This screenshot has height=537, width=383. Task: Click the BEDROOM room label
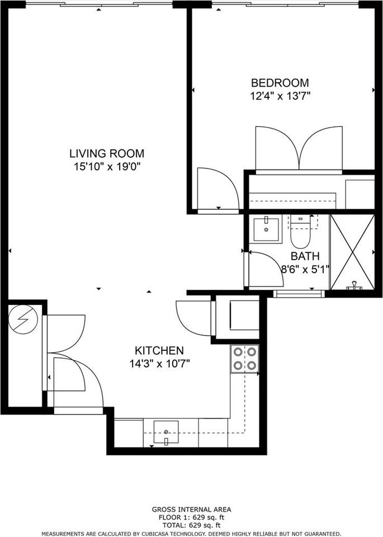coord(280,83)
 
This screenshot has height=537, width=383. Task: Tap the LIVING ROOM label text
coord(107,153)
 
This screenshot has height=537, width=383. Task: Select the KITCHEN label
coord(159,351)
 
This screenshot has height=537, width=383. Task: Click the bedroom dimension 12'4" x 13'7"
coord(280,96)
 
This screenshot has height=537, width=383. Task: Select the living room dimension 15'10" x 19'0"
coord(107,166)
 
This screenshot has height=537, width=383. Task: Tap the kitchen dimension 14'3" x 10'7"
coord(159,364)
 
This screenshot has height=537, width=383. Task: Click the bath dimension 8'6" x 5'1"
coord(305,268)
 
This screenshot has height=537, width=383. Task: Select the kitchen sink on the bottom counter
coord(166,431)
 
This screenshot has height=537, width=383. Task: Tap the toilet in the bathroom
coord(300,234)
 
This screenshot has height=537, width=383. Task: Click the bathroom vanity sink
coord(266,228)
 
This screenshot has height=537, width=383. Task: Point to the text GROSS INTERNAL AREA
coord(191,510)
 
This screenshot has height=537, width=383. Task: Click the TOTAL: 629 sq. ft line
coord(191,525)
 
